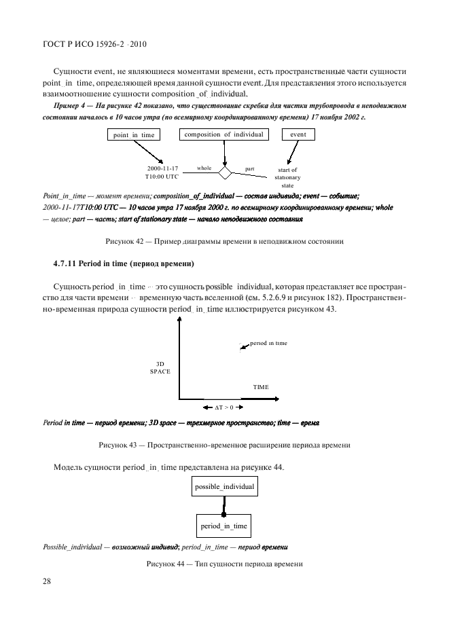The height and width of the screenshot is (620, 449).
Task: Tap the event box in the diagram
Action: tap(298, 134)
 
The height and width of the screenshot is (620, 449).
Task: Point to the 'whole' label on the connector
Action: tap(204, 168)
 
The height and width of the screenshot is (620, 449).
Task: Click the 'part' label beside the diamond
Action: tap(249, 168)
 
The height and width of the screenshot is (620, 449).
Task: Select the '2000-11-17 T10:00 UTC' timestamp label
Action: tap(161, 172)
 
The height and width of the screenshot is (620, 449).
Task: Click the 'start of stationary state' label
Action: tap(287, 177)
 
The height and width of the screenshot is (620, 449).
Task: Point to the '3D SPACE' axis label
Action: tap(160, 367)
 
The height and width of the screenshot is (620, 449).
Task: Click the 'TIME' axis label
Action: tap(261, 387)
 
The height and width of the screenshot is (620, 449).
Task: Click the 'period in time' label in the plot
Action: tap(268, 344)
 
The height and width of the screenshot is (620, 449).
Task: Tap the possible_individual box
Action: tap(224, 487)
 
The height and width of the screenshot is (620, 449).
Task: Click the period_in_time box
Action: tap(223, 526)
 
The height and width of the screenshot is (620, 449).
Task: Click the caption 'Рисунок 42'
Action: tap(224, 241)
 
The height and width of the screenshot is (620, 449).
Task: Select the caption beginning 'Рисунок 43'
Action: tap(224, 445)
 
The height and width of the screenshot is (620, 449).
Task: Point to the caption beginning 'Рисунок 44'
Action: tap(224, 565)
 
